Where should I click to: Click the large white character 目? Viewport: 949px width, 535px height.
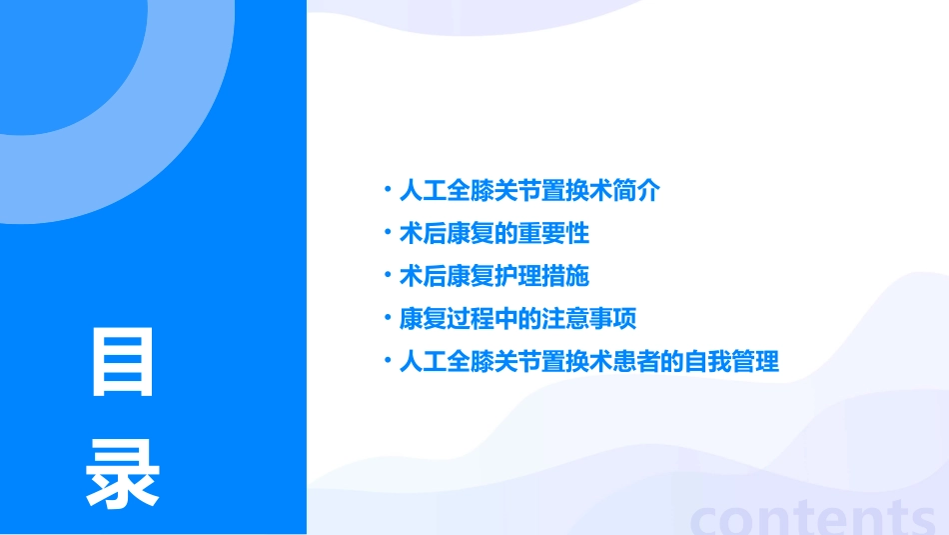tap(123, 362)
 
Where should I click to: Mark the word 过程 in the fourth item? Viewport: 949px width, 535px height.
tap(471, 320)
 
